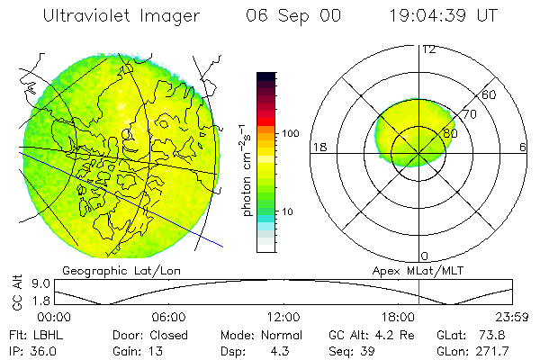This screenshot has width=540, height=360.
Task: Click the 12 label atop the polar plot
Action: (429, 49)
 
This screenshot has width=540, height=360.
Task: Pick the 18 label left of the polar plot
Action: (318, 147)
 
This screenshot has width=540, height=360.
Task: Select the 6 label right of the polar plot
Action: (523, 147)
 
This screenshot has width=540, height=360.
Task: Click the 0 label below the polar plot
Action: (425, 256)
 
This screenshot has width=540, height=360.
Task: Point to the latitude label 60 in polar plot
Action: (490, 94)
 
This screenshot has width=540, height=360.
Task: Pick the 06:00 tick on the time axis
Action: (168, 317)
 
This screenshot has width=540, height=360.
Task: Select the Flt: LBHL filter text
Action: (32, 334)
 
